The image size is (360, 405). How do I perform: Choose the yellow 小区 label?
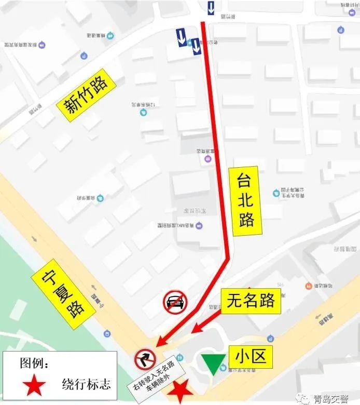coord(251,357)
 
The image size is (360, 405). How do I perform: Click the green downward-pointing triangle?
coord(213,364)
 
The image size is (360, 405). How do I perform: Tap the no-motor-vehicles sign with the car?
coord(175,301)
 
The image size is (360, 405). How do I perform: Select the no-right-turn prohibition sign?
coord(145,359)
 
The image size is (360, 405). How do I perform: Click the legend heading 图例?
coord(34,362)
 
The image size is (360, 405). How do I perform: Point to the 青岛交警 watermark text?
coord(334,399)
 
